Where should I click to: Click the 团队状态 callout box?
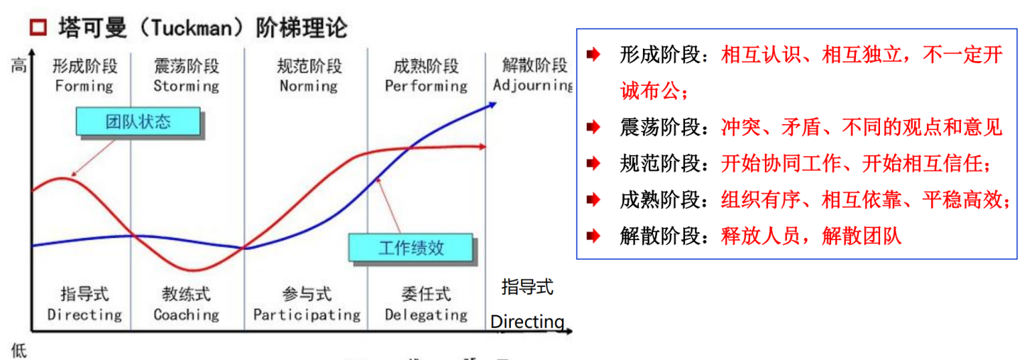138,121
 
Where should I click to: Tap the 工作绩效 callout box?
411,248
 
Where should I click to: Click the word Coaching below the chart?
186,315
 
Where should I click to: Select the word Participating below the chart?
307,315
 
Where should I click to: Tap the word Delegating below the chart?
426,315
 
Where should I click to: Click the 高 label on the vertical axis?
18,67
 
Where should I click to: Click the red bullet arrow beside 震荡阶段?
593,128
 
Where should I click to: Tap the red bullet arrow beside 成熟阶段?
593,200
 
